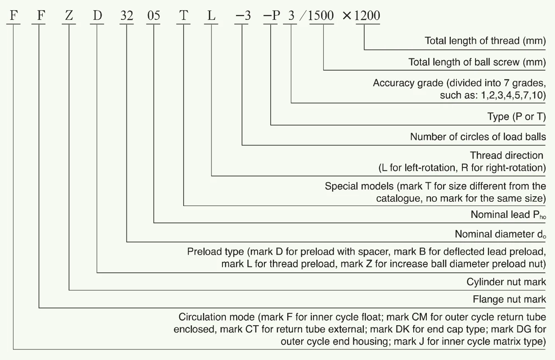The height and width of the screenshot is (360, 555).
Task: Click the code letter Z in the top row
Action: [69, 16]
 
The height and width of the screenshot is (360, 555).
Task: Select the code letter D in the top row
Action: [97, 16]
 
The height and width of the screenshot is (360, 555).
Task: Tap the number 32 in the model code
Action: [126, 16]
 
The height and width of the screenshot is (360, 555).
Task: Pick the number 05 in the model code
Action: [154, 16]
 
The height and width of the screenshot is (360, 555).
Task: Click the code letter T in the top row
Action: [184, 16]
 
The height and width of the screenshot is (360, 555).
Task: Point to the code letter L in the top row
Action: [211, 16]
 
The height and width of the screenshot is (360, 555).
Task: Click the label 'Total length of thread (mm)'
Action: [485, 41]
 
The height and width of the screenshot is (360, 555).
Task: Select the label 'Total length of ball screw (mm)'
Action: [477, 62]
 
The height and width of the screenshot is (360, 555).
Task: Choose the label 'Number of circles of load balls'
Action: [478, 137]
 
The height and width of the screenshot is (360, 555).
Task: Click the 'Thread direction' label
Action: [506, 156]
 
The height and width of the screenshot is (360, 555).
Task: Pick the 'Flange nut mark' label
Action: [509, 300]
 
